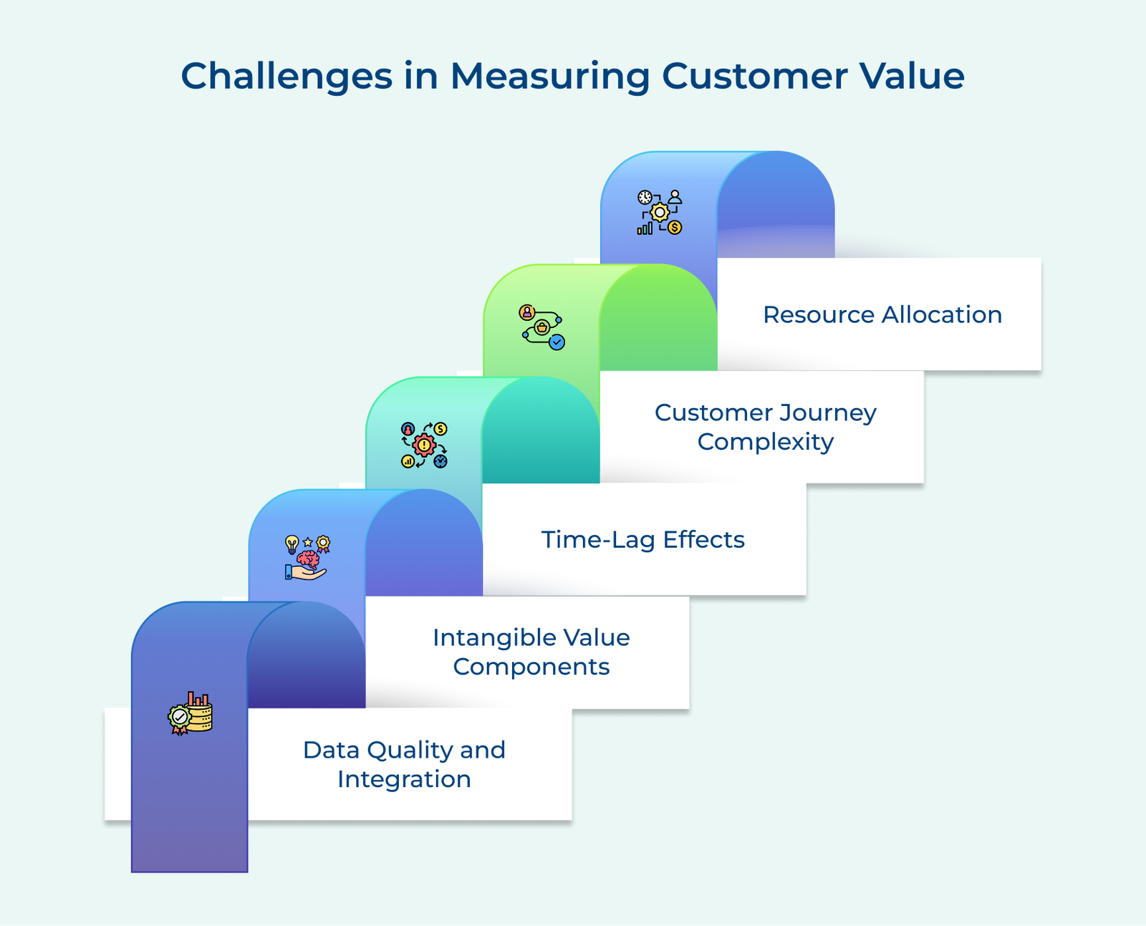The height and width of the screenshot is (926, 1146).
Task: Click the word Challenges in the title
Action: coord(286,76)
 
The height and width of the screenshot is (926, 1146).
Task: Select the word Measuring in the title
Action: coord(549,76)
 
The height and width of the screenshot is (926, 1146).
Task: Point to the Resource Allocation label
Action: coord(882,314)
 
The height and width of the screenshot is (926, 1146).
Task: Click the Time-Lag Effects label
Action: coord(642,539)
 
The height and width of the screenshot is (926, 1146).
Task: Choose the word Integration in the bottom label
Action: coord(404,779)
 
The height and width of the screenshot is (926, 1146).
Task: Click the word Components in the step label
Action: coord(531,667)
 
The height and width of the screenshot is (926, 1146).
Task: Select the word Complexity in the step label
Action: coord(765,442)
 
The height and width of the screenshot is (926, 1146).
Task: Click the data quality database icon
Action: coord(199,714)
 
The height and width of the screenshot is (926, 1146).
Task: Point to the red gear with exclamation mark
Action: coord(424,445)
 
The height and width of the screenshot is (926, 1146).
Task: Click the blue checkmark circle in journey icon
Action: coord(557,342)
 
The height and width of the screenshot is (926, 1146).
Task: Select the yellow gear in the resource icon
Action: coord(660,212)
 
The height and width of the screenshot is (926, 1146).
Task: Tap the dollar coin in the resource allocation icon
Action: coord(675,228)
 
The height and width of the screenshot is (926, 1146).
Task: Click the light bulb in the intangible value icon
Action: coord(292,544)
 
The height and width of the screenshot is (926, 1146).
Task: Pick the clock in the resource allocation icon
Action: coord(645,197)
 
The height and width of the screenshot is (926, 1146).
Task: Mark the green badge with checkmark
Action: coord(179,718)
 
